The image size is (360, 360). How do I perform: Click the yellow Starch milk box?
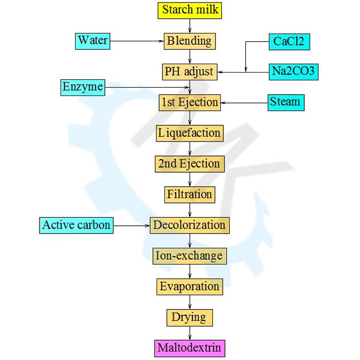(x=190, y=10)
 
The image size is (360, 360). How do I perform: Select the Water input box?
(x=93, y=41)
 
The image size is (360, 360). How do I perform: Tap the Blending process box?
(x=190, y=41)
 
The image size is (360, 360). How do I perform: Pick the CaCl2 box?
(x=289, y=41)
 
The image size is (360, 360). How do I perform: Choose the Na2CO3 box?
(x=293, y=72)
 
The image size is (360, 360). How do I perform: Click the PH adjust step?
(x=189, y=72)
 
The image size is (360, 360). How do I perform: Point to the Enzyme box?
(x=83, y=88)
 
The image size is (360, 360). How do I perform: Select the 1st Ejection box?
(x=190, y=102)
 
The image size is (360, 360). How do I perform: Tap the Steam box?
(x=285, y=102)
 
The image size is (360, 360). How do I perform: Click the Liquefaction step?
(x=190, y=133)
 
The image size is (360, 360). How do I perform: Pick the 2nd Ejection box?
(x=190, y=163)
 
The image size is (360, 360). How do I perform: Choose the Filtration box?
(x=190, y=194)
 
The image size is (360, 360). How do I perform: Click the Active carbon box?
(x=76, y=226)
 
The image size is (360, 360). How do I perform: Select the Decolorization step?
(x=190, y=226)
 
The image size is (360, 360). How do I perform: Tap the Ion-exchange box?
(x=190, y=256)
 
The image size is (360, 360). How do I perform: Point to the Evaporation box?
(x=190, y=287)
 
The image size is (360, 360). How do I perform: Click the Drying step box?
(x=190, y=317)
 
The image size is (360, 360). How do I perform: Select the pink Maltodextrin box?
(x=190, y=347)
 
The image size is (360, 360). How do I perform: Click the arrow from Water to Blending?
(x=137, y=41)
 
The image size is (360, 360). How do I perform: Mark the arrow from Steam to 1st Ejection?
(x=244, y=103)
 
